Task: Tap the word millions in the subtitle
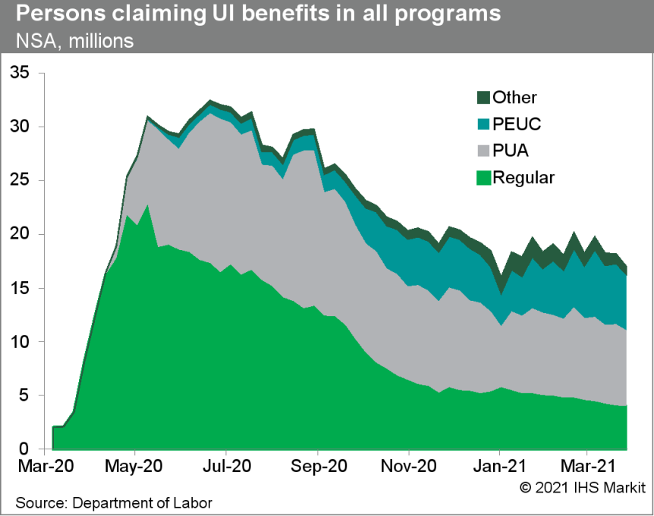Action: click(x=100, y=41)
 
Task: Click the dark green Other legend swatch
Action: click(x=483, y=97)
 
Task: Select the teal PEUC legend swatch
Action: click(x=483, y=124)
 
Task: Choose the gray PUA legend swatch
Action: click(x=483, y=152)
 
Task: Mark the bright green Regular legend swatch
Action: click(x=483, y=179)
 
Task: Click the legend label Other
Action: click(x=514, y=97)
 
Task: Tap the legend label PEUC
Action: click(x=517, y=124)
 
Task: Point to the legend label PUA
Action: click(x=511, y=152)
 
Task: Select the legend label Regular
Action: click(x=524, y=179)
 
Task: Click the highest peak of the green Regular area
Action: click(x=147, y=205)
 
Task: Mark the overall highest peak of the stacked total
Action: click(x=210, y=100)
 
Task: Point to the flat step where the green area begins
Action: click(x=58, y=427)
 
